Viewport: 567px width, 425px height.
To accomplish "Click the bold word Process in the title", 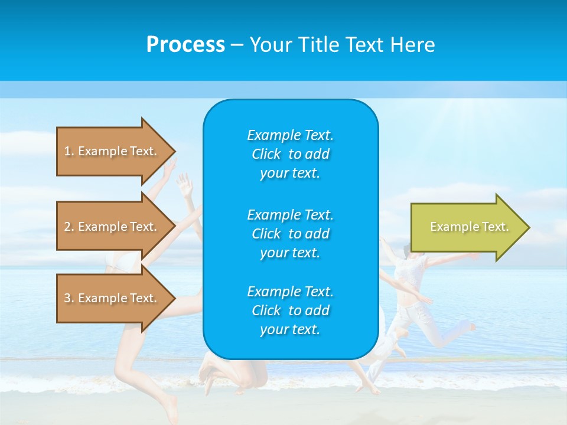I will (x=185, y=45).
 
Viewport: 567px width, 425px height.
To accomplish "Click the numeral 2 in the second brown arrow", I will (x=67, y=227).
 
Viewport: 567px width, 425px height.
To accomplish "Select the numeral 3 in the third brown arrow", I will (x=67, y=298).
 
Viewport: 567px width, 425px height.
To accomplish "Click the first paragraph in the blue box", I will (x=290, y=154).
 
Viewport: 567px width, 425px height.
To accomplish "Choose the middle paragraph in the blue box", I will (x=290, y=234).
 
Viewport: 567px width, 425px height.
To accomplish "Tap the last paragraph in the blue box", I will (x=290, y=310).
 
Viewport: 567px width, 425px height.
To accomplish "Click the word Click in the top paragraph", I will (x=266, y=154).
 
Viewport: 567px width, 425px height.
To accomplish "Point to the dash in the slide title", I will (x=237, y=45).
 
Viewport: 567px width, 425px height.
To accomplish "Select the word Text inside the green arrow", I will (x=495, y=227).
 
